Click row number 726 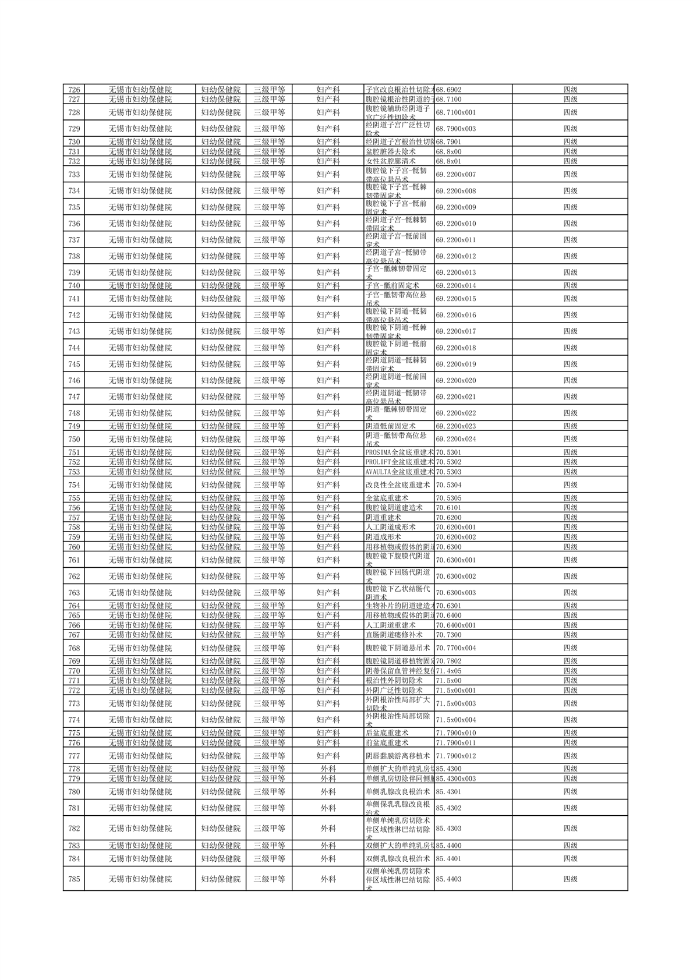tap(74, 90)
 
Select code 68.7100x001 tap(455, 112)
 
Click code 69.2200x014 tap(455, 285)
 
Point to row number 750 tap(74, 439)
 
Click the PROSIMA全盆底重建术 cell tap(399, 452)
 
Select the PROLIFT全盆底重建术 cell tap(399, 462)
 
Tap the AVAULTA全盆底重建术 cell tap(399, 472)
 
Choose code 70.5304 tap(448, 484)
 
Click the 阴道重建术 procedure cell tap(383, 517)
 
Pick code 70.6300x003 tap(455, 593)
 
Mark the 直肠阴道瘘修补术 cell tap(394, 635)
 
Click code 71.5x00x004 tap(455, 720)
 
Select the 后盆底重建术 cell tap(387, 733)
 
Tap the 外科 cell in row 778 tap(328, 769)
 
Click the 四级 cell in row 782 tap(570, 828)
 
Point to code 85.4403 tap(448, 879)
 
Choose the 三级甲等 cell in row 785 tap(269, 879)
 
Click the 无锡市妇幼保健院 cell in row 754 tap(140, 484)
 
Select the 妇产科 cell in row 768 tap(328, 648)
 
